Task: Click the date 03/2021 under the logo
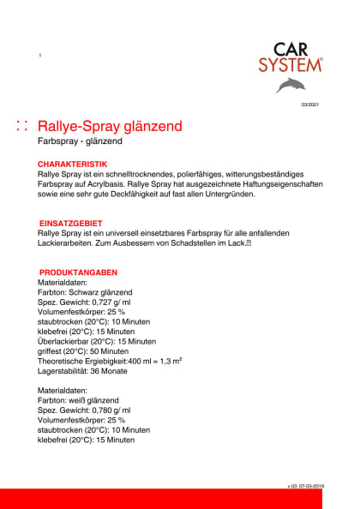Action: click(309, 105)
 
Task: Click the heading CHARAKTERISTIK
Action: click(72, 163)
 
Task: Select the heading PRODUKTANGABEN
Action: click(78, 272)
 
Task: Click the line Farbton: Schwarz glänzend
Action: click(85, 292)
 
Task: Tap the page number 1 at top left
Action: click(39, 56)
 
